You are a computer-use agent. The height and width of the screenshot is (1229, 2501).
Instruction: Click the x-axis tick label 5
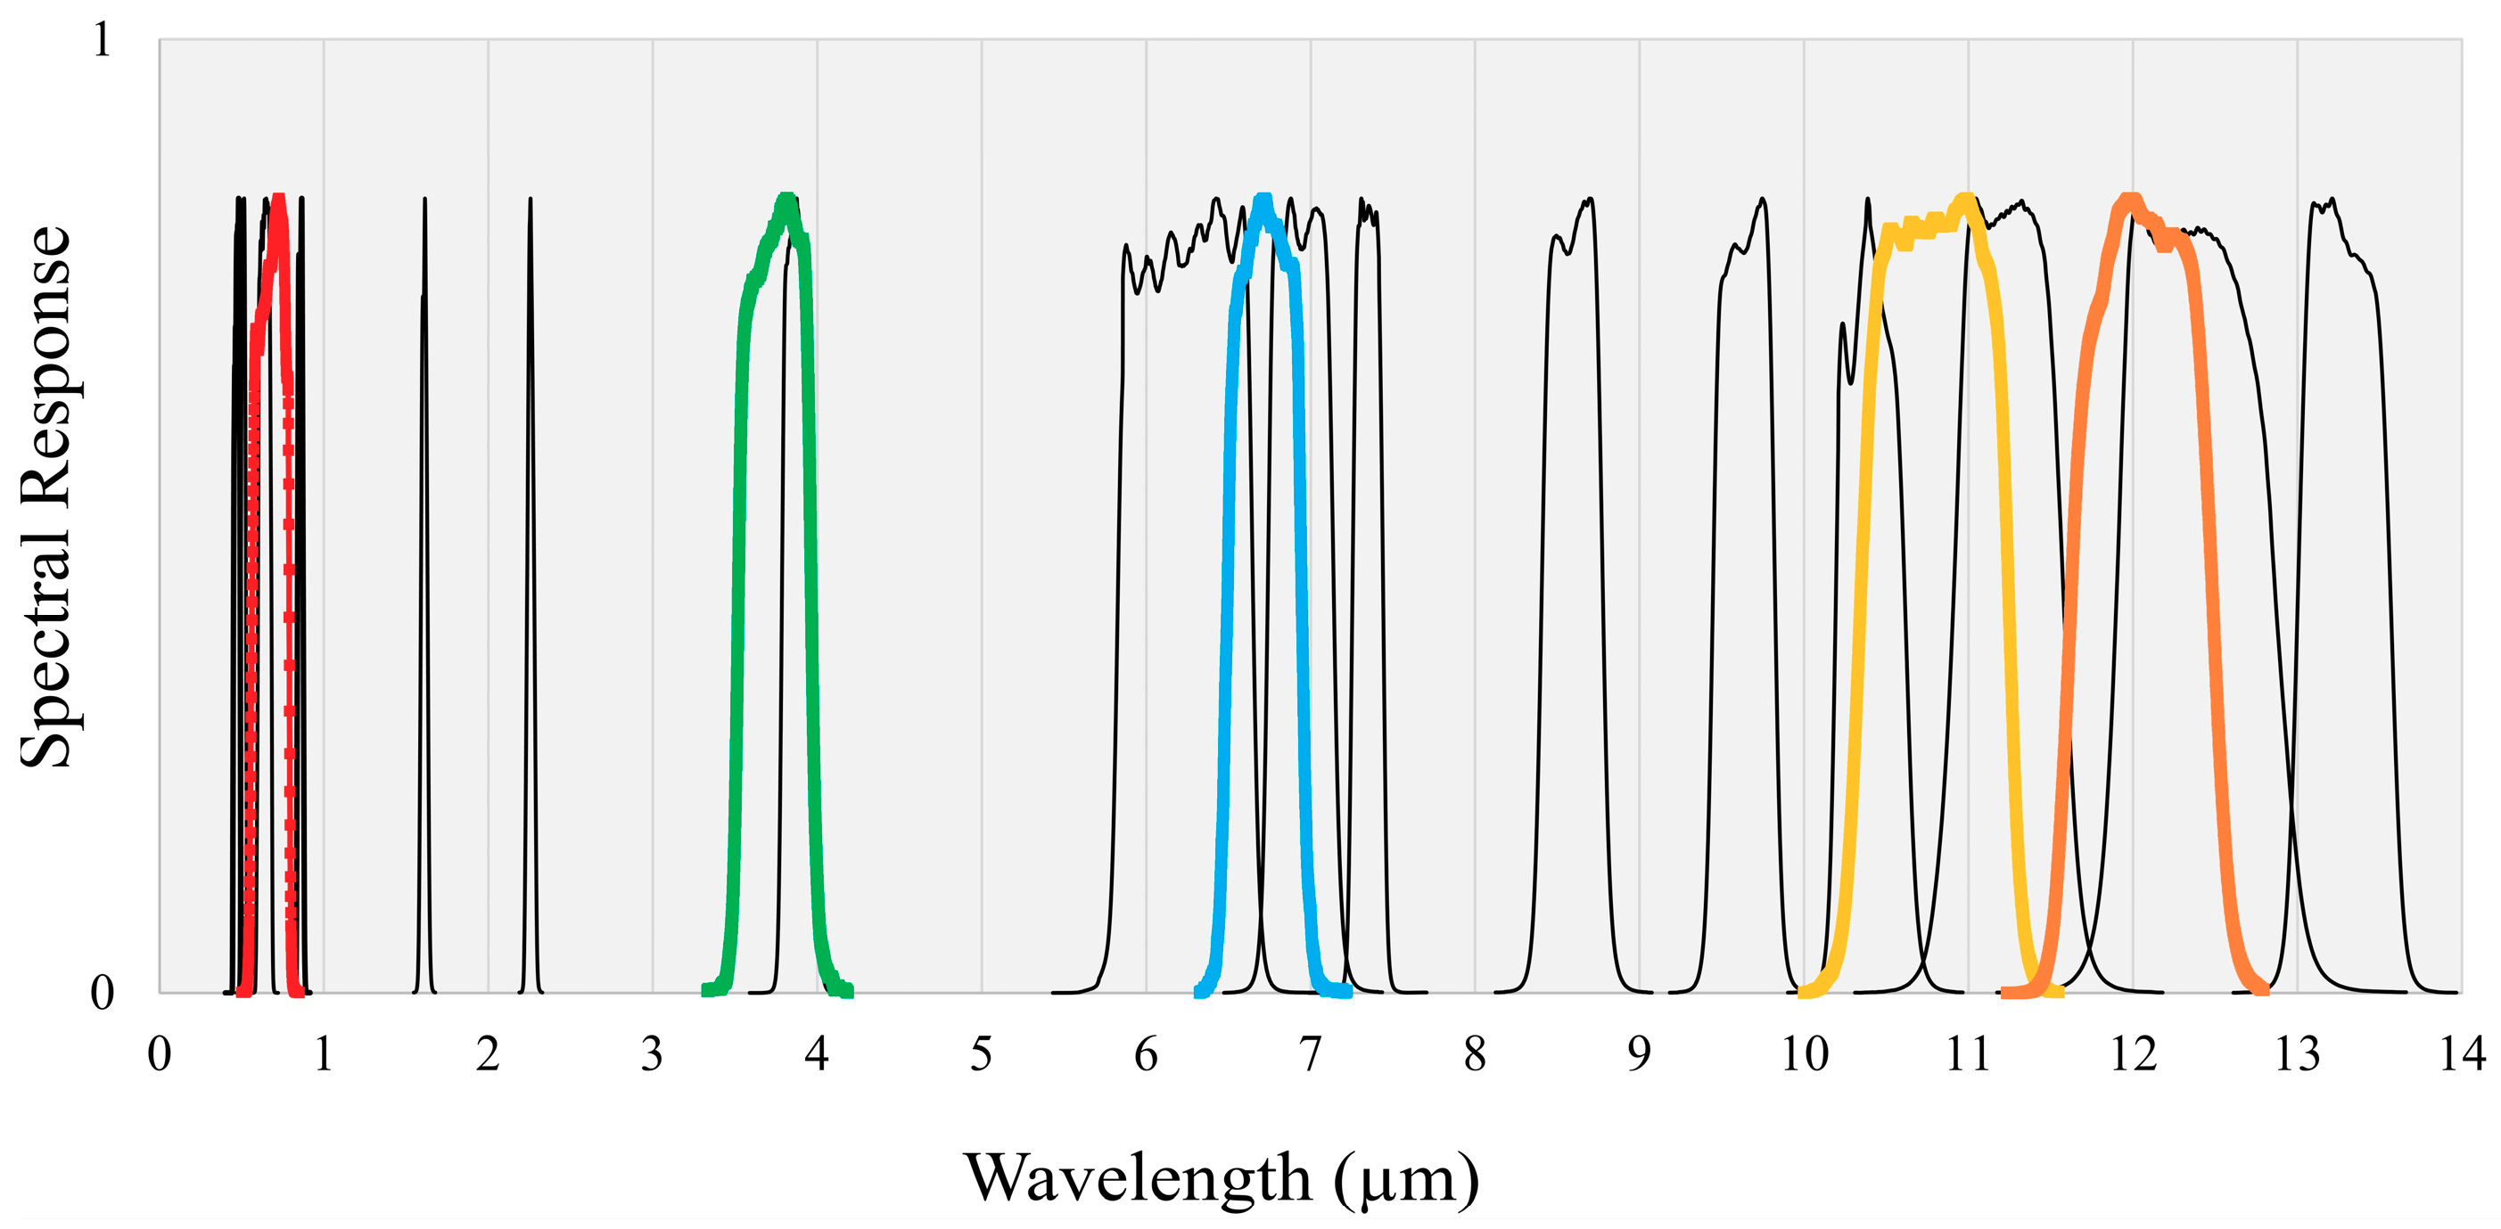click(981, 1054)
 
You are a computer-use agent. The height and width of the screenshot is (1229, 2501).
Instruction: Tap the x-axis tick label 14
click(2461, 1054)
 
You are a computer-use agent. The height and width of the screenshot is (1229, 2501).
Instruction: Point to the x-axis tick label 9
click(1639, 1054)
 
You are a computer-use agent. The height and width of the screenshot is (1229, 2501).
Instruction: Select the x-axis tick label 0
click(160, 1054)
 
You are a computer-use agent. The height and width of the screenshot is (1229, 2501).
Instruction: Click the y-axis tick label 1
click(102, 41)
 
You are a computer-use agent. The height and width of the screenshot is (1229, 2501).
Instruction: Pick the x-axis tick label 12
click(2132, 1054)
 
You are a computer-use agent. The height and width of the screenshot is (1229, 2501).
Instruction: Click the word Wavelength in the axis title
click(1137, 1177)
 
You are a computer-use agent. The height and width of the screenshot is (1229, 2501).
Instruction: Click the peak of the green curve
click(786, 200)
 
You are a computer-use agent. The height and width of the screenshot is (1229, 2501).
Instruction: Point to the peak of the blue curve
click(1263, 200)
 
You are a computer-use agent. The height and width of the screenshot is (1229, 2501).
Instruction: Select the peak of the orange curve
click(2130, 200)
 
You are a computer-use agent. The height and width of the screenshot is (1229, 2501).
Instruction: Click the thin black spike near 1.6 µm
click(424, 200)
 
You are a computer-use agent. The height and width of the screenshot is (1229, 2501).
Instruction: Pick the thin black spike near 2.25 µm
click(531, 200)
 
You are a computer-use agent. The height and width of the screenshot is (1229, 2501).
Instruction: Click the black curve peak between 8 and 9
click(1591, 200)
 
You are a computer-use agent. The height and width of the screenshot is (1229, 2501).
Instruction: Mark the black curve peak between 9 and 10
click(1762, 200)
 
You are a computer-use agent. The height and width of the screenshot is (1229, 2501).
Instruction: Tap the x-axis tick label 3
click(652, 1054)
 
